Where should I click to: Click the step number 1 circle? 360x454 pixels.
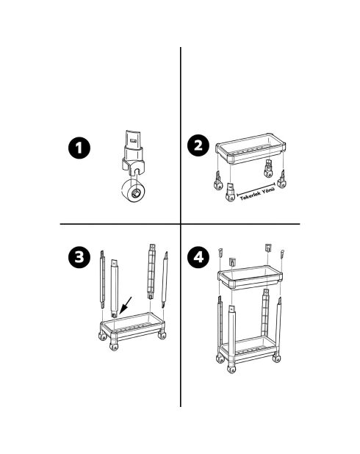pyautogui.click(x=79, y=148)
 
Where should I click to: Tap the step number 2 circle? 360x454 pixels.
pyautogui.click(x=198, y=145)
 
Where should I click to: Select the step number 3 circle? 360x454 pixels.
pyautogui.click(x=79, y=257)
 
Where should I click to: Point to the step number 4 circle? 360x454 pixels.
pyautogui.click(x=198, y=257)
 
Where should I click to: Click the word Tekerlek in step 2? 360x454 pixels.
pyautogui.click(x=251, y=195)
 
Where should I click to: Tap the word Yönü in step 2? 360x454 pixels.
pyautogui.click(x=268, y=191)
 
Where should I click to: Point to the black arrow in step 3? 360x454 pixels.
pyautogui.click(x=126, y=306)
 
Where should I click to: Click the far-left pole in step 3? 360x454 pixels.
pyautogui.click(x=102, y=280)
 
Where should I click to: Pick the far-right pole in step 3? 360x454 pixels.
pyautogui.click(x=165, y=280)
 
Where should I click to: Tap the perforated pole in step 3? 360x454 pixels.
pyautogui.click(x=151, y=271)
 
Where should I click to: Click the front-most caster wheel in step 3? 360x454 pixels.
pyautogui.click(x=114, y=346)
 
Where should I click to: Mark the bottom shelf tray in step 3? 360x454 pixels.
pyautogui.click(x=133, y=325)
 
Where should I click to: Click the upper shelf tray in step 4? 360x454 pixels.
pyautogui.click(x=250, y=278)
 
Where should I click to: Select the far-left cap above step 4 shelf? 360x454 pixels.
pyautogui.click(x=220, y=253)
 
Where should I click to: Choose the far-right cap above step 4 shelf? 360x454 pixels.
pyautogui.click(x=282, y=253)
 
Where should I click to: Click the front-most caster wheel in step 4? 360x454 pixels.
pyautogui.click(x=231, y=369)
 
